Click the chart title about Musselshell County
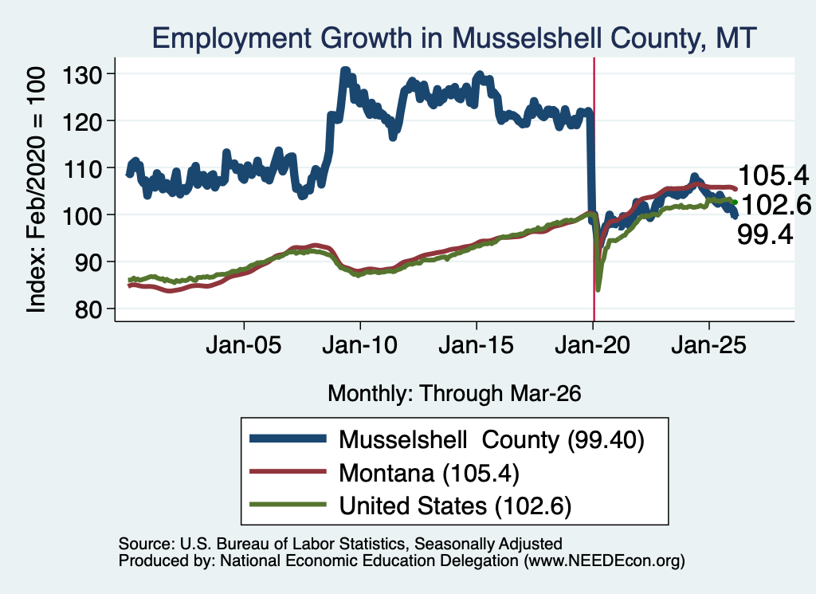pyautogui.click(x=453, y=38)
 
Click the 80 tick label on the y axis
pyautogui.click(x=88, y=309)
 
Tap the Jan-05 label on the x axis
pyautogui.click(x=244, y=345)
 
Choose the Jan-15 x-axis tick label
pyautogui.click(x=477, y=345)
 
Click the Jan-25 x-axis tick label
pyautogui.click(x=708, y=345)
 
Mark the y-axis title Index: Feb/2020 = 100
pyautogui.click(x=37, y=190)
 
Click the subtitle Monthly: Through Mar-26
pyautogui.click(x=454, y=394)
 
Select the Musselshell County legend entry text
pyautogui.click(x=491, y=440)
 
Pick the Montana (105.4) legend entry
pyautogui.click(x=429, y=474)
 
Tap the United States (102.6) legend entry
pyautogui.click(x=455, y=506)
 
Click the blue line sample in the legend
pyautogui.click(x=288, y=439)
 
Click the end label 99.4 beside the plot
pyautogui.click(x=765, y=234)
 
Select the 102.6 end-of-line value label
pyautogui.click(x=775, y=205)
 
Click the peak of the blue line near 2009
pyautogui.click(x=345, y=70)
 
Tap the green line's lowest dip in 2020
pyautogui.click(x=598, y=289)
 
